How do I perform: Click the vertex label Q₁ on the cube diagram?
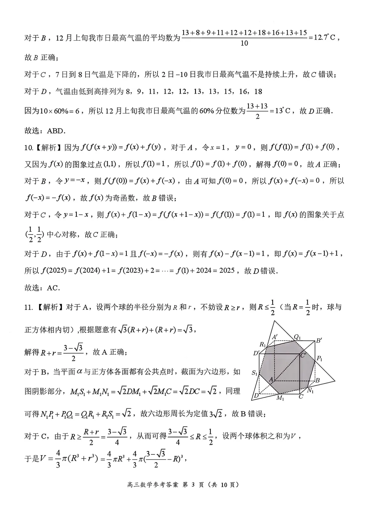point(297,337)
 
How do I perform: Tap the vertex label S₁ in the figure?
point(255,373)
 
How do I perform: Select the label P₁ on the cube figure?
point(320,358)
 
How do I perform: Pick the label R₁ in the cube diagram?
point(263,344)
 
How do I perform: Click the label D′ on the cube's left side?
point(256,353)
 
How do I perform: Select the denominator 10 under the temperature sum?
point(244,43)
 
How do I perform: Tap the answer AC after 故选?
point(53,288)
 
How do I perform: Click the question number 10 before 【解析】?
point(28,147)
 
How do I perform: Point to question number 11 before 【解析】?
point(28,307)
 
